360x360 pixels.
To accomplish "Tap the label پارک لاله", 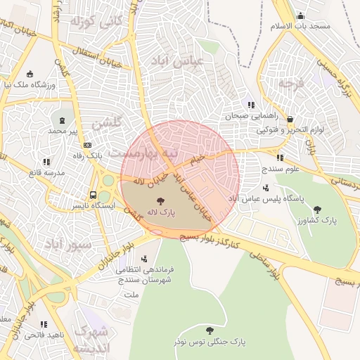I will coord(161,211).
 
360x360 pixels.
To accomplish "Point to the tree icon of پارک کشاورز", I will coord(317,210).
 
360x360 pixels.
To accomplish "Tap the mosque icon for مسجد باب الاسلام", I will coord(301,15).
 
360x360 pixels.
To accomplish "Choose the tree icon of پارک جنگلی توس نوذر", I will coord(209,330).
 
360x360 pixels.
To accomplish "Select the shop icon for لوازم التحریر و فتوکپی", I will coord(290,120).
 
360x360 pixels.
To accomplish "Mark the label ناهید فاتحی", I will coord(44,335).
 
